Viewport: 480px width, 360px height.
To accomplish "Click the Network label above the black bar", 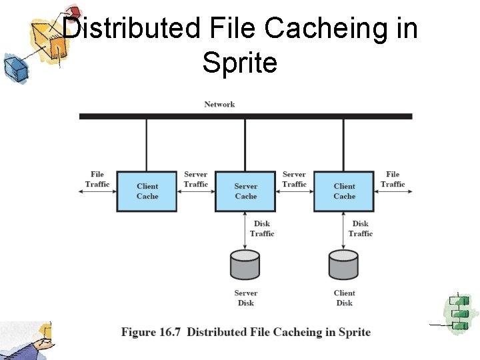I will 219,104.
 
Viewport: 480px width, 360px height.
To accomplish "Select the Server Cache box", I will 245,191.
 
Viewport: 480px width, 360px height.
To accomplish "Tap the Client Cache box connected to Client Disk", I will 344,191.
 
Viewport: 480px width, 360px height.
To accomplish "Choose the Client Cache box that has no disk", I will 147,191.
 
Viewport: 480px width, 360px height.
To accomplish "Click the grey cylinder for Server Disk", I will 245,265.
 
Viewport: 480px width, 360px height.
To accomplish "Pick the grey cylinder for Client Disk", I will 343,265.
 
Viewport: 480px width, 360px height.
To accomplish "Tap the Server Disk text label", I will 245,298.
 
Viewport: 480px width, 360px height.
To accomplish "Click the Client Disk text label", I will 344,298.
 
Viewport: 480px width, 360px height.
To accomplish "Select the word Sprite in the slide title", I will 239,63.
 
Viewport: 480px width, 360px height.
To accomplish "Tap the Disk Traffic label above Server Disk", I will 262,229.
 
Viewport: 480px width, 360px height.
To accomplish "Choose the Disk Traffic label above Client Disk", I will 361,229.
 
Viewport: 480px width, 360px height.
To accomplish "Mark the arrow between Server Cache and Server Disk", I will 245,231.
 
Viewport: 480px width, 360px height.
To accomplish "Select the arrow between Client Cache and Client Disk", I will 344,231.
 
